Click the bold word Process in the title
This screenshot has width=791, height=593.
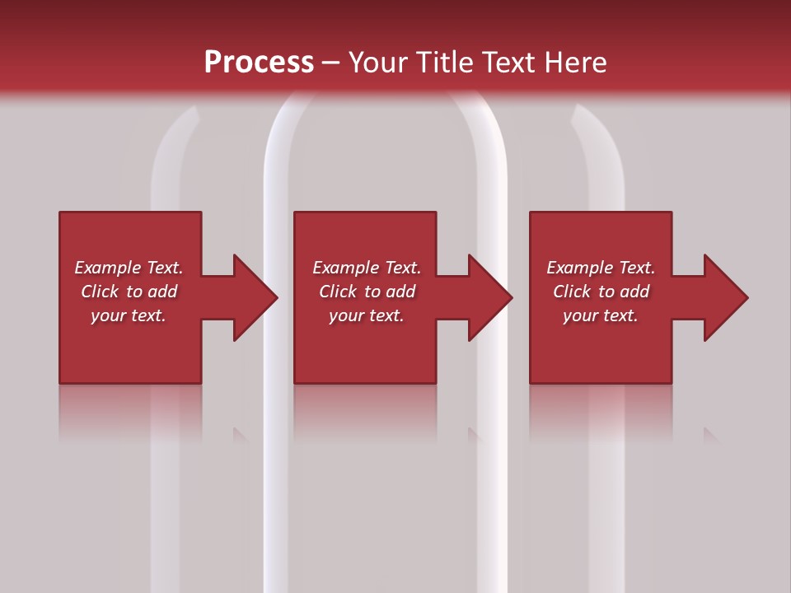259,63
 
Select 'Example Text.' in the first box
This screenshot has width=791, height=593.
129,268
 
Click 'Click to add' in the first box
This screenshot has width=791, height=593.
129,292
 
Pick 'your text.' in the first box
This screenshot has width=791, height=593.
129,315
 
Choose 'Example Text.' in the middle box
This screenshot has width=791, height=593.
367,268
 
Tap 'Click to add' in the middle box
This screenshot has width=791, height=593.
367,292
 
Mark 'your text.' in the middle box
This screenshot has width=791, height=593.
367,315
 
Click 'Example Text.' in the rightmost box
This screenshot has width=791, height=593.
601,268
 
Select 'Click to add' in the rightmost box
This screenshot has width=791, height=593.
601,292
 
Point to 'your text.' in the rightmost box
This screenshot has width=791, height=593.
601,315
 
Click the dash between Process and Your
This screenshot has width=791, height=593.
330,63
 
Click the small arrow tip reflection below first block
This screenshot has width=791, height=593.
240,435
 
